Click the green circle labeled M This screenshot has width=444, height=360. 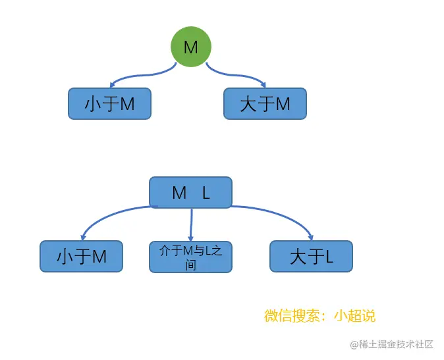click(190, 47)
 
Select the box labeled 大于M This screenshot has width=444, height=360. click(265, 104)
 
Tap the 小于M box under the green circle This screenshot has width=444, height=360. click(109, 104)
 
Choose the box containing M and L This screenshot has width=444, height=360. click(190, 192)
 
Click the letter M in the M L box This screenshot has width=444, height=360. click(179, 193)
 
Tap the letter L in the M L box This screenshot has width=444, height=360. click(206, 193)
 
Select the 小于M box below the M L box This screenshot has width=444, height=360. click(81, 257)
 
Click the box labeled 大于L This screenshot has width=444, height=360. click(311, 257)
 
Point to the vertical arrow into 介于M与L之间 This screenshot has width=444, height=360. click(191, 224)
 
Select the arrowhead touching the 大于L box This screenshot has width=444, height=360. click(311, 236)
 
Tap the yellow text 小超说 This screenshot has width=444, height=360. click(354, 316)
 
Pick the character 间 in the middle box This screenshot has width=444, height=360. click(190, 265)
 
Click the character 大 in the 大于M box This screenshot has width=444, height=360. click(248, 104)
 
